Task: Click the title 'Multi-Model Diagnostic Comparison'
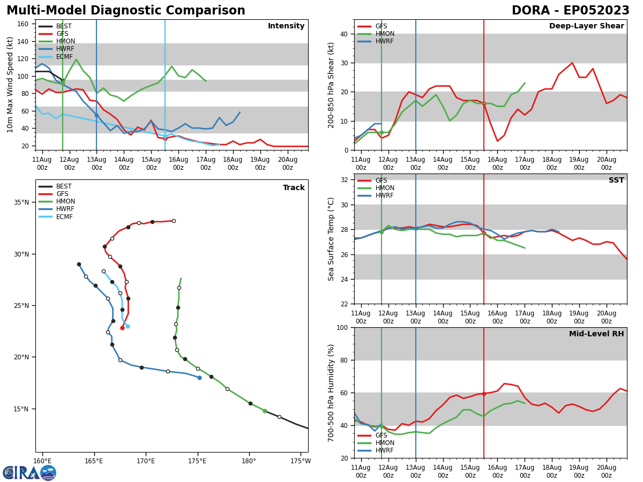[x=125, y=11]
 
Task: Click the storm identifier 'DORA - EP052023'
[x=570, y=11]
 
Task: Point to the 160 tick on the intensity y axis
[x=26, y=24]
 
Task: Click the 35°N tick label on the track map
[x=22, y=202]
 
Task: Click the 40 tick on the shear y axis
[x=344, y=34]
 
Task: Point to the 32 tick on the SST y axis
[x=344, y=180]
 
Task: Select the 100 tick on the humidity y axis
[x=342, y=328]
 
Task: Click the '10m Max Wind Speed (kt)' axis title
[x=11, y=85]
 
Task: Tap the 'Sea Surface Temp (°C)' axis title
[x=331, y=239]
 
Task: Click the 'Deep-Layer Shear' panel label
[x=586, y=26]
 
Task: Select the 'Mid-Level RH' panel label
[x=596, y=334]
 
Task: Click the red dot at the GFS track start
[x=122, y=328]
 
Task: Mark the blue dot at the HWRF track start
[x=199, y=378]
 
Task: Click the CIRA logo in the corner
[x=29, y=472]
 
